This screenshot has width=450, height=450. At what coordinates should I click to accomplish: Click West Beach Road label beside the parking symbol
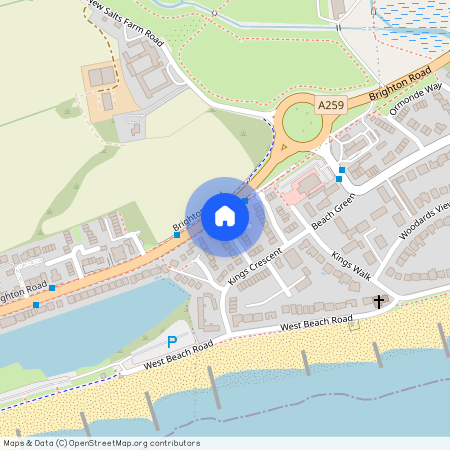click(178, 355)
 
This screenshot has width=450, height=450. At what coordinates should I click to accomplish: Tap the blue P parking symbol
click(171, 342)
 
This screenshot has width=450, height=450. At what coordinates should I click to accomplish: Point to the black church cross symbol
click(379, 301)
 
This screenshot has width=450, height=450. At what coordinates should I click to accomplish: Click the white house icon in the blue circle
click(224, 216)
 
